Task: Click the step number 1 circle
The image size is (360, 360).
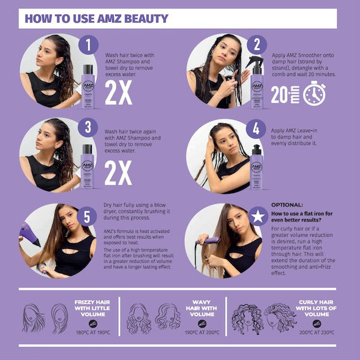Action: tap(88, 44)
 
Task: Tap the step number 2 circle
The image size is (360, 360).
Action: tap(256, 44)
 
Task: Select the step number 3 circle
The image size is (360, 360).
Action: tap(88, 128)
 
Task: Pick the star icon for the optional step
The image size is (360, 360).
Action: tap(256, 216)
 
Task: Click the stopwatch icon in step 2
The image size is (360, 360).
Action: tap(314, 94)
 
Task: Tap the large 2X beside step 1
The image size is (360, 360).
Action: tap(118, 93)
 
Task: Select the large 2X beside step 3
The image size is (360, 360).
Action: tap(118, 175)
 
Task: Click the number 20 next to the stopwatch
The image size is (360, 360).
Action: tap(280, 95)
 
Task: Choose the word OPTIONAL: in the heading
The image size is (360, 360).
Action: tap(287, 204)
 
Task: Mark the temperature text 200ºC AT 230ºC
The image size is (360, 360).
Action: tap(316, 331)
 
